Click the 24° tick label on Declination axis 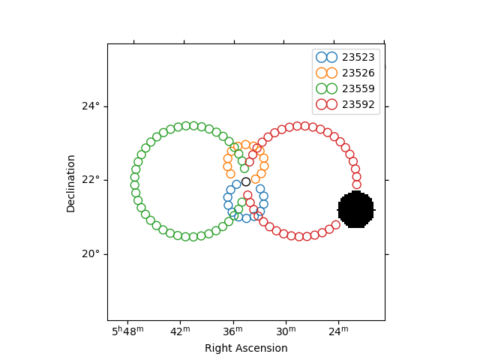(x=91, y=106)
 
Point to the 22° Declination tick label (x=91, y=180)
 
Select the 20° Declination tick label (x=91, y=254)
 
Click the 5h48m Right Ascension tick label (x=127, y=331)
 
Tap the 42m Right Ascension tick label (x=180, y=331)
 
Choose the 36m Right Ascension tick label (x=232, y=331)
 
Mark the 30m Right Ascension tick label (x=286, y=331)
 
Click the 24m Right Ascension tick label (x=338, y=331)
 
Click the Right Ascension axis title (x=246, y=348)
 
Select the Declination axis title (x=71, y=183)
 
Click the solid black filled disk (x=356, y=209)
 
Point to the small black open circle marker (x=246, y=181)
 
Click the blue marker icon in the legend (x=327, y=57)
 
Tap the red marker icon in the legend (x=327, y=105)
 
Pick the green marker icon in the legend (x=327, y=88)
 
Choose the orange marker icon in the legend (x=327, y=73)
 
